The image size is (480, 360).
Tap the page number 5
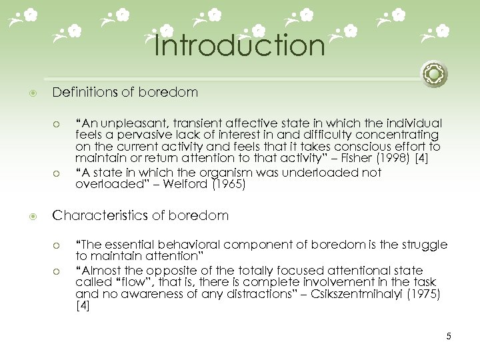coord(449,336)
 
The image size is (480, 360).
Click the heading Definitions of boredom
coord(125,93)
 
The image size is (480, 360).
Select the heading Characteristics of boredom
coord(141,215)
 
